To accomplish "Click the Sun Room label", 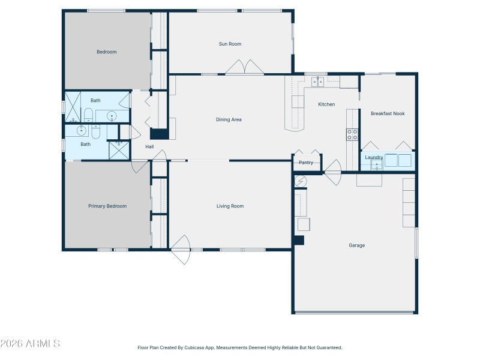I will point(230,44).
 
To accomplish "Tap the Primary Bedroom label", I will point(107,206).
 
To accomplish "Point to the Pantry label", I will point(306,163).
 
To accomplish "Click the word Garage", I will point(356,245).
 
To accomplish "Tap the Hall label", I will point(150,146).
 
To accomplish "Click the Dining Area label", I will point(229,119).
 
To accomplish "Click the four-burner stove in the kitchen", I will point(352,135).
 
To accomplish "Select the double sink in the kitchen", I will point(317,82).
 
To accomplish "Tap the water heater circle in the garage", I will point(301,181).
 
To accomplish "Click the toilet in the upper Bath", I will point(88,115).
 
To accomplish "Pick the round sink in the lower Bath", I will point(82,130).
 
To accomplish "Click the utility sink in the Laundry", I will point(376,165).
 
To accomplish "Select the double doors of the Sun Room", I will point(244,67).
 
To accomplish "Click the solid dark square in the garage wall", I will point(298,241).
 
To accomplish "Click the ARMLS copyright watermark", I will point(30,344).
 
